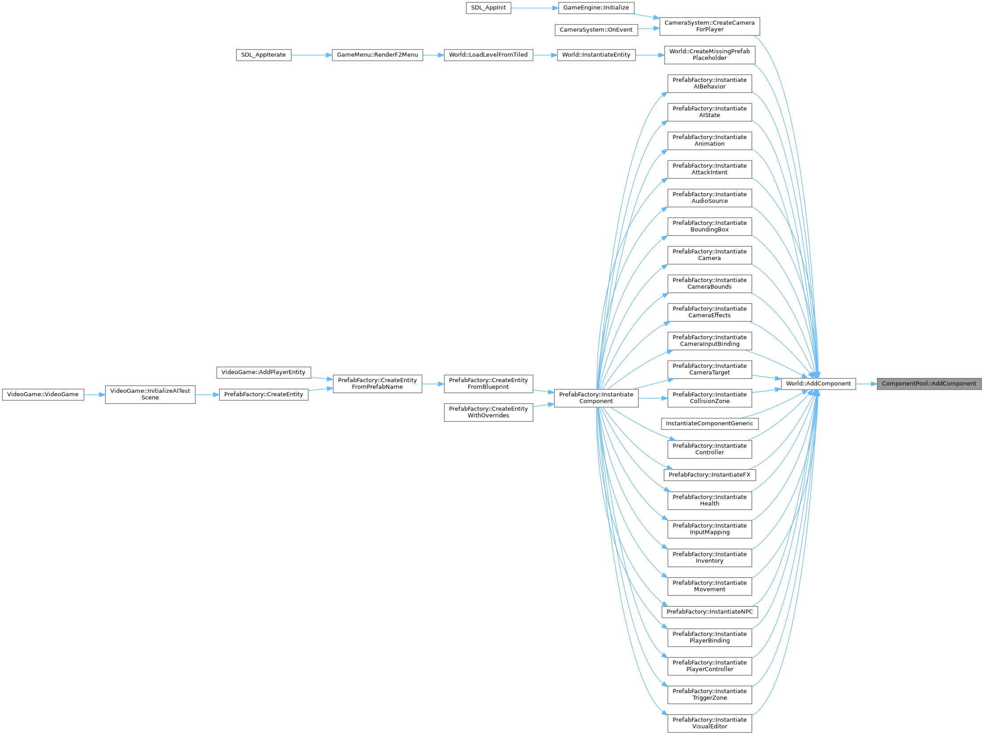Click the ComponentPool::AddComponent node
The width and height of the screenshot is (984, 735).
pos(929,384)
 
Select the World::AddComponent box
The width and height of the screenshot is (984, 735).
pos(818,384)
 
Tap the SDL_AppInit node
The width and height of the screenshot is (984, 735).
pos(488,8)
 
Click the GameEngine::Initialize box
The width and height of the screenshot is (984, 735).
pos(596,8)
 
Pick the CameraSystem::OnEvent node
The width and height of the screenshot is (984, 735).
pos(596,30)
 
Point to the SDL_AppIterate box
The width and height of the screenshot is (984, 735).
pos(264,55)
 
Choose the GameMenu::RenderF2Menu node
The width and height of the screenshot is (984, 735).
pos(377,55)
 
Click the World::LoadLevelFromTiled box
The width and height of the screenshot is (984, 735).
pos(488,55)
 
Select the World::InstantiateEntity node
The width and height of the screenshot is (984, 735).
pos(596,55)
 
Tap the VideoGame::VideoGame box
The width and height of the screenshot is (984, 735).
pos(43,395)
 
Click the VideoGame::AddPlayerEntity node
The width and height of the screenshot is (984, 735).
pos(264,372)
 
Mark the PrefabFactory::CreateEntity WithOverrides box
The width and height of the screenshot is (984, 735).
pos(488,412)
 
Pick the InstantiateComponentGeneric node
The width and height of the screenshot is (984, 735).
pos(709,424)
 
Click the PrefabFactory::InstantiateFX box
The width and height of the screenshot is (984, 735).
pos(709,475)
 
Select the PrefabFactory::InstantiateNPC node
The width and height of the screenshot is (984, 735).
pos(709,612)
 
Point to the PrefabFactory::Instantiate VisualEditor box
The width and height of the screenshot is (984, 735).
pos(709,723)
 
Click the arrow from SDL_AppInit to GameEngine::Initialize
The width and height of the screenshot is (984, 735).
pos(534,8)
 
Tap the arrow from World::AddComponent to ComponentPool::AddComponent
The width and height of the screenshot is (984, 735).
pos(866,384)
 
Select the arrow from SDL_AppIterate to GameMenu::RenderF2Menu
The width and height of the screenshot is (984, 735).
pos(311,55)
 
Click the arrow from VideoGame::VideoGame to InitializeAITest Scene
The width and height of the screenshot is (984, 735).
pos(94,395)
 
